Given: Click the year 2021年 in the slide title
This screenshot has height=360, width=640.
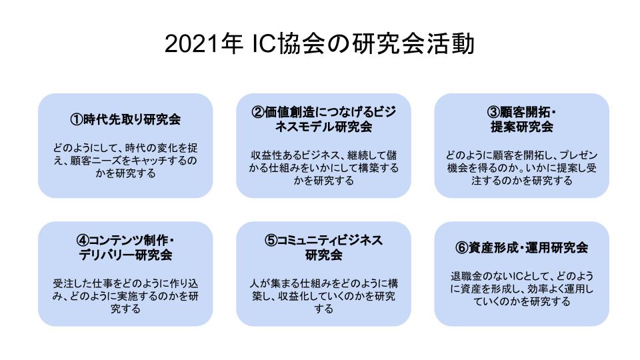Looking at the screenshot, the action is pyautogui.click(x=204, y=44).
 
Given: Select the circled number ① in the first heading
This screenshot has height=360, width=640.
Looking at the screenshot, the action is pyautogui.click(x=76, y=119).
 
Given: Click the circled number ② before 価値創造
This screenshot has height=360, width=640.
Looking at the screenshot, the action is pyautogui.click(x=258, y=112).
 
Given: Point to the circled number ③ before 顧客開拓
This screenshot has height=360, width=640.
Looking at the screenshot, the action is pyautogui.click(x=493, y=112).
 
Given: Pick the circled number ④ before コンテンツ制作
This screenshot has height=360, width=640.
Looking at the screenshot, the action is pyautogui.click(x=83, y=240).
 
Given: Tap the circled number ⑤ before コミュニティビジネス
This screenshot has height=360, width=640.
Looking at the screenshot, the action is pyautogui.click(x=271, y=240).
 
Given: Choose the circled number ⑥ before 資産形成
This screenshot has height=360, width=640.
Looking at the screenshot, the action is pyautogui.click(x=461, y=247).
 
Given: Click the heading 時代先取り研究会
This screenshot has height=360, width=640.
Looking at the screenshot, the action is pyautogui.click(x=132, y=119).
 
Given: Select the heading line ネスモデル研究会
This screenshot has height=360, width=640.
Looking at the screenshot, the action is pyautogui.click(x=324, y=127).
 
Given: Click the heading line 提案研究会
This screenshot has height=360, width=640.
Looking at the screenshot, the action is pyautogui.click(x=521, y=127).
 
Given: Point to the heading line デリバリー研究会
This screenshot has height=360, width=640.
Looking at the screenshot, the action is pyautogui.click(x=126, y=255).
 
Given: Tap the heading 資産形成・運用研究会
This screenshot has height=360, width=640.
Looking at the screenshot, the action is pyautogui.click(x=528, y=247).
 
